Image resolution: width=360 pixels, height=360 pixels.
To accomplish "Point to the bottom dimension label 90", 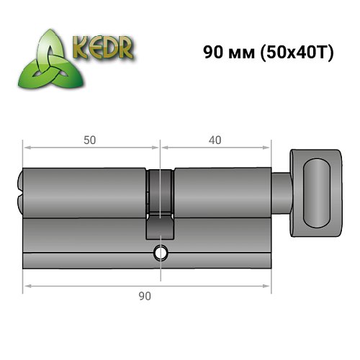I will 146,295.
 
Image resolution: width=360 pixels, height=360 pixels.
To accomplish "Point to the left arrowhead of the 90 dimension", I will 27,287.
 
